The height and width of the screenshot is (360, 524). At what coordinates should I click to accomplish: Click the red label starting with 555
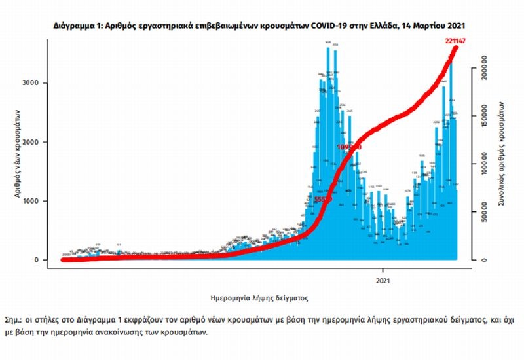tap(323, 198)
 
